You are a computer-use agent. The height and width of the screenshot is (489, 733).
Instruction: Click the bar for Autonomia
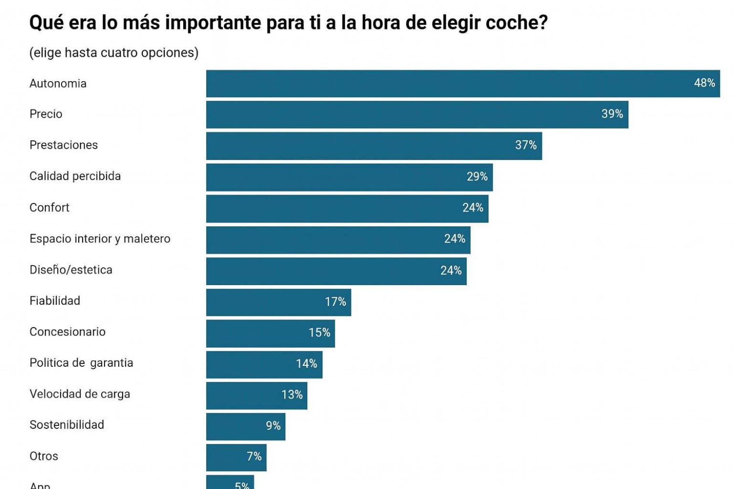click(463, 84)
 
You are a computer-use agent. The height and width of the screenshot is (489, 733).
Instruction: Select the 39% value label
click(612, 114)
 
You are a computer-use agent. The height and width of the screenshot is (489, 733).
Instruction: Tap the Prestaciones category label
click(64, 145)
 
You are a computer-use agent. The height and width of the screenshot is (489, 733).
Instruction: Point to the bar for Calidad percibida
click(349, 177)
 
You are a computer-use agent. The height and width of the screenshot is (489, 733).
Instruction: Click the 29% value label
click(477, 177)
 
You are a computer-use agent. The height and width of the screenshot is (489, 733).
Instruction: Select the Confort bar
click(347, 208)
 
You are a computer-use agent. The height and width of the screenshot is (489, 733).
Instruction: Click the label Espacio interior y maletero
click(100, 239)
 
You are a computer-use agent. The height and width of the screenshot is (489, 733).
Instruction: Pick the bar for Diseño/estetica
click(336, 271)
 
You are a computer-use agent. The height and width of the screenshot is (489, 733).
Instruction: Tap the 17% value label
click(335, 302)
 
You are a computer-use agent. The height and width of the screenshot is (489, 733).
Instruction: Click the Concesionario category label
click(67, 332)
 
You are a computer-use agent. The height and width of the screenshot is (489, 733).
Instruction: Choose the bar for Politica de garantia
click(264, 364)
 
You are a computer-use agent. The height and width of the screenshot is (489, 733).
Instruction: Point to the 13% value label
click(292, 395)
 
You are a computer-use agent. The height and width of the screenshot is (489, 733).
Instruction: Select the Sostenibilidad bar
click(245, 426)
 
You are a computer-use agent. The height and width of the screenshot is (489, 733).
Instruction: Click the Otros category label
click(43, 456)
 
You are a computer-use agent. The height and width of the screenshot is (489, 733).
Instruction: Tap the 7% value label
click(254, 457)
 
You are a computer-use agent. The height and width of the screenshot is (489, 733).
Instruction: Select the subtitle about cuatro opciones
click(114, 53)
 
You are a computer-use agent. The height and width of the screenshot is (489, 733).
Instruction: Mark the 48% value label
click(704, 83)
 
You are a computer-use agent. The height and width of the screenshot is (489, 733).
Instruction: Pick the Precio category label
click(46, 114)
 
